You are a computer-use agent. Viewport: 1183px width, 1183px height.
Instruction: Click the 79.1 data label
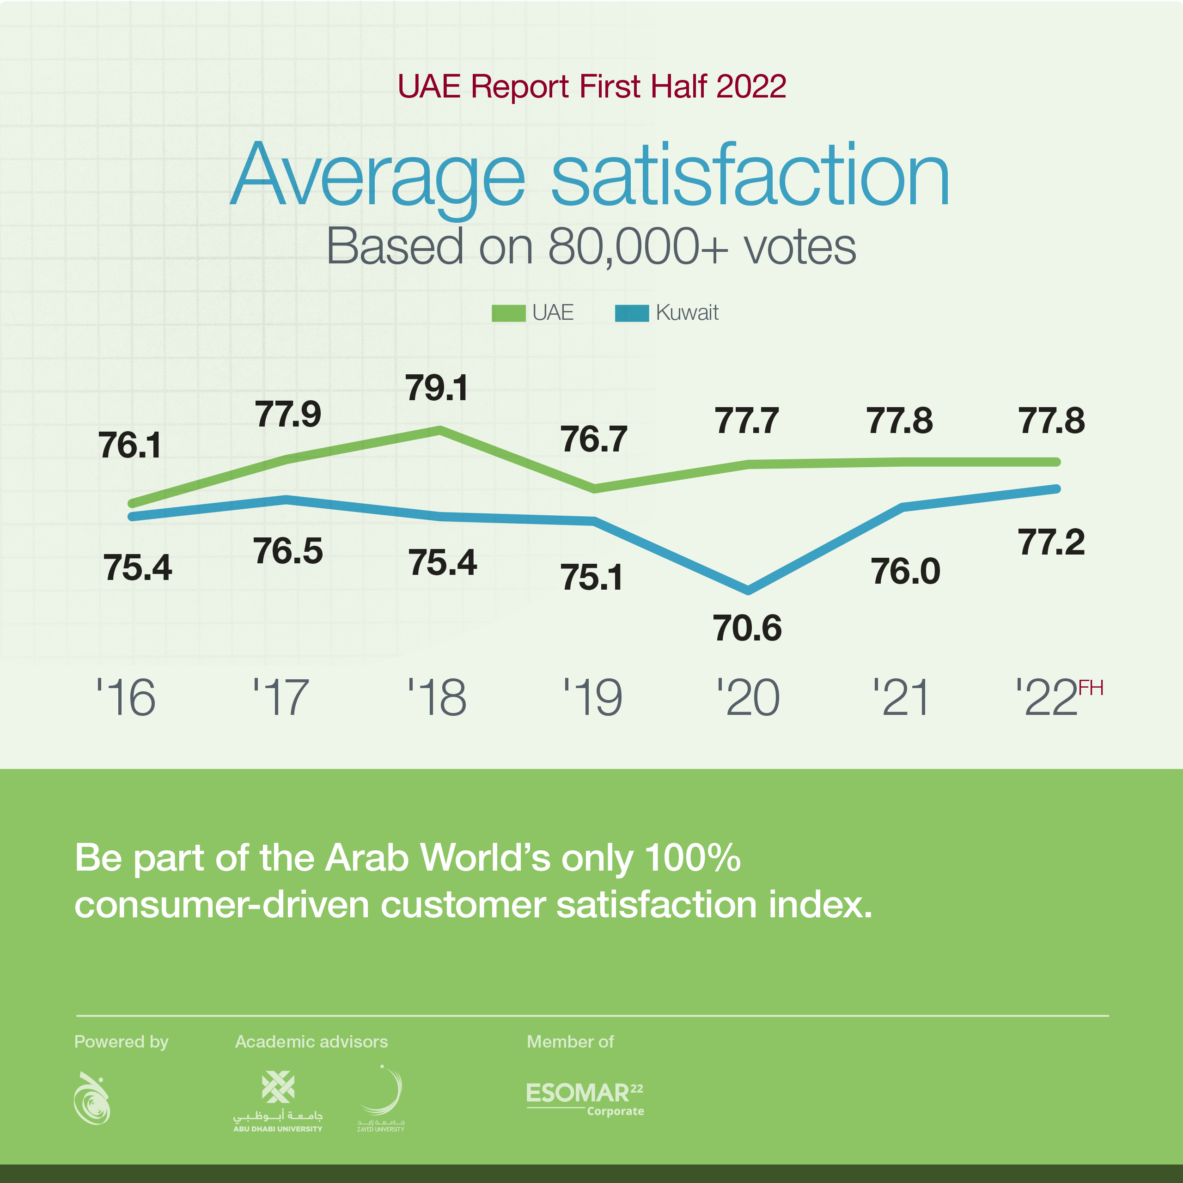coord(437,388)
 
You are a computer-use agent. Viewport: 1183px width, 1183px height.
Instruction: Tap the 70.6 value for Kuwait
coord(747,628)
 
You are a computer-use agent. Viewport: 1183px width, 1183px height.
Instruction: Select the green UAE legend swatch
coord(508,313)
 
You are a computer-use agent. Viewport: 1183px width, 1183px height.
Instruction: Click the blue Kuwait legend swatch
coord(631,313)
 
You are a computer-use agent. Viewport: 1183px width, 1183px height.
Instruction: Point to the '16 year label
coord(126,697)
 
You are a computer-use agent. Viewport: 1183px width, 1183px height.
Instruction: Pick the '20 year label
coord(748,697)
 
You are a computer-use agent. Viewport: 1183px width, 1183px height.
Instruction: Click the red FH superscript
coord(1091,688)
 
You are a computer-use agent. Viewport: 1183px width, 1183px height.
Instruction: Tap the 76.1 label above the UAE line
coord(130,445)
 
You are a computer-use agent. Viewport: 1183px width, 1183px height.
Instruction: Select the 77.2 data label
coord(1051,543)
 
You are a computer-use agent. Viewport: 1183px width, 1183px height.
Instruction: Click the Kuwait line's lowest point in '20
coord(748,590)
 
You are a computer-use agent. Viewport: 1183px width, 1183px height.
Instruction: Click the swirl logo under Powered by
coord(92,1098)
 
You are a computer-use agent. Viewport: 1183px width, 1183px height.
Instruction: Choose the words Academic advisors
coord(311,1042)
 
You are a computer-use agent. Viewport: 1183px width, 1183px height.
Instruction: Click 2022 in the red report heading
coord(751,86)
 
